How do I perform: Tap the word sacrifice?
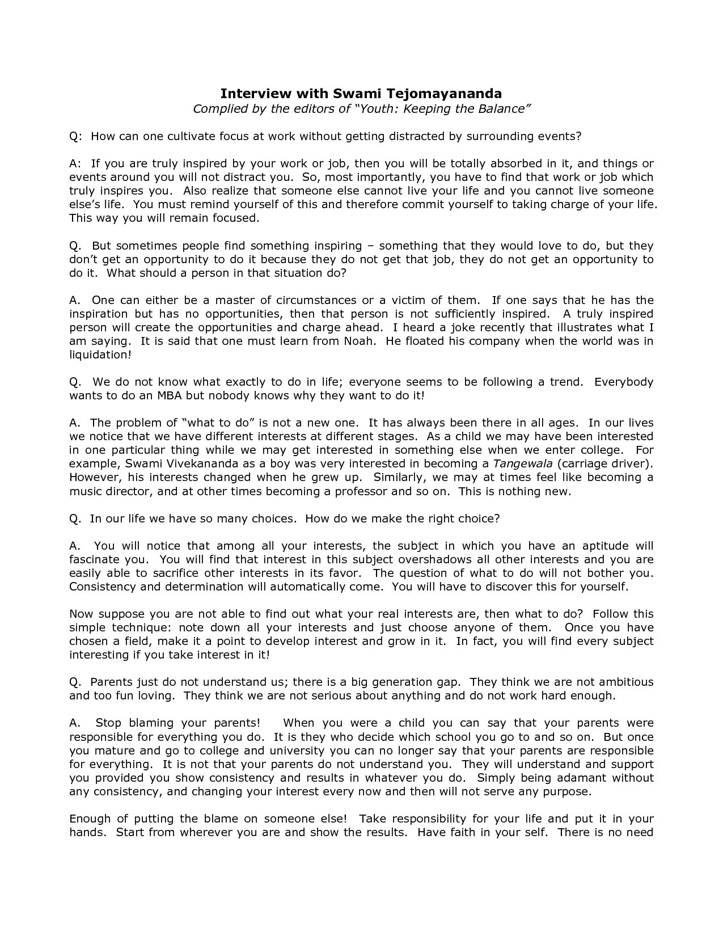[176, 573]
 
